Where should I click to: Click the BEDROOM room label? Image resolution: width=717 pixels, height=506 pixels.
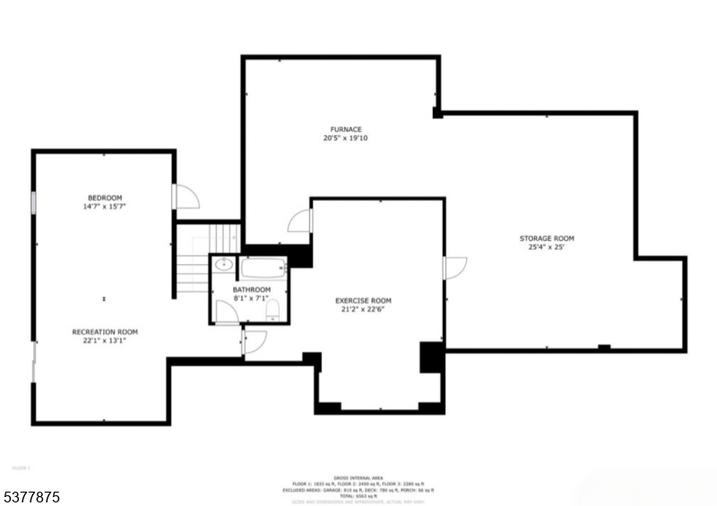[x=105, y=198]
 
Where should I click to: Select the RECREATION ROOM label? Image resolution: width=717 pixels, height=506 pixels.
[x=105, y=331]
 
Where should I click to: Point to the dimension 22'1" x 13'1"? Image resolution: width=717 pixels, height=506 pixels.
[x=105, y=340]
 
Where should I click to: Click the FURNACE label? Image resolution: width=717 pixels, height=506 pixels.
[x=345, y=129]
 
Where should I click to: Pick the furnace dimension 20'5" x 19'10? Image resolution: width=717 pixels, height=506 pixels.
[x=345, y=138]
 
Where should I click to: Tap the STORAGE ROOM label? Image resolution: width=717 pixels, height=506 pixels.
[x=547, y=238]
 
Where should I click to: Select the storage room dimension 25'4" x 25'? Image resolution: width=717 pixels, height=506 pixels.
[x=547, y=247]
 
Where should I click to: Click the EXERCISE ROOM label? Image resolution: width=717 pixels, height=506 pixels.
[x=363, y=301]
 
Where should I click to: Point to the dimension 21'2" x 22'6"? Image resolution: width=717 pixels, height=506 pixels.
[x=363, y=310]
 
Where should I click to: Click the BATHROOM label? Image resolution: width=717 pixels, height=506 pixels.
[x=252, y=290]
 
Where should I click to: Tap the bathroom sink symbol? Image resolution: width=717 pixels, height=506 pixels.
[x=223, y=266]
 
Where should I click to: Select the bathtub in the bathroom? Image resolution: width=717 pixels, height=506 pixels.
[x=263, y=267]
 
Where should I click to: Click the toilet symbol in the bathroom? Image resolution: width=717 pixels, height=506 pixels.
[x=275, y=310]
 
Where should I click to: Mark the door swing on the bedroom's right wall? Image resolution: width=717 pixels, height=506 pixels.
[x=184, y=197]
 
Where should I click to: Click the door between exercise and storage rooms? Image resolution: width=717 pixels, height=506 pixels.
[x=454, y=268]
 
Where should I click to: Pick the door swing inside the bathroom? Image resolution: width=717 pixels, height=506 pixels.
[x=227, y=313]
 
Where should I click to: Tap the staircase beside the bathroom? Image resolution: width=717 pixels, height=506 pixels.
[x=194, y=260]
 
